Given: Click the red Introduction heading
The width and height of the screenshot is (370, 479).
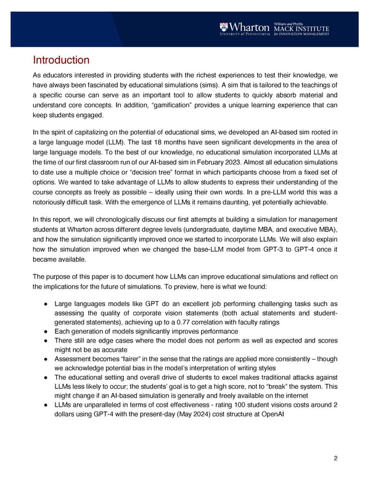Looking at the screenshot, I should point(61,60).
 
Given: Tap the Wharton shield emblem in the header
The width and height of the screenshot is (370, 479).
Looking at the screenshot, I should point(224,28).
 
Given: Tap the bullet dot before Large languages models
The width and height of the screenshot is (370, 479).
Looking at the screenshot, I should point(48,304).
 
